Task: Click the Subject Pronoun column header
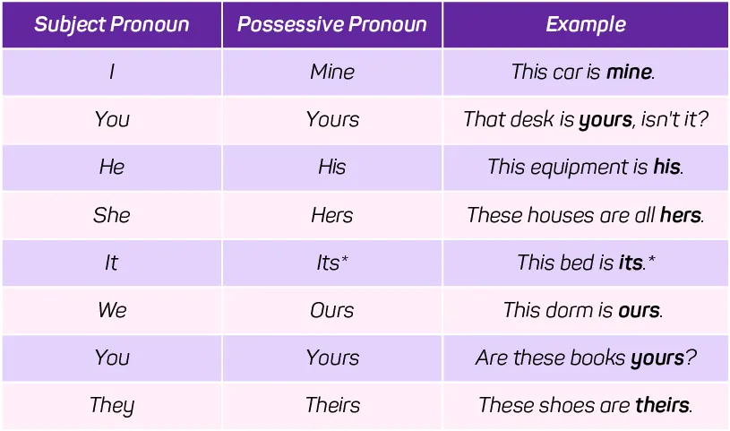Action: point(112,25)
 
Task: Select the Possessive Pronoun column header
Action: point(332,25)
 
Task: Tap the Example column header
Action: point(586,25)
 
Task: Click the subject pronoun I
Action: point(112,72)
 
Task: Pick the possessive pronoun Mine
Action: point(332,72)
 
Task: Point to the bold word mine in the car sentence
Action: point(629,72)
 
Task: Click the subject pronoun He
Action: point(112,167)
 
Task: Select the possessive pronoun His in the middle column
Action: point(332,167)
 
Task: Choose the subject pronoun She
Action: point(112,215)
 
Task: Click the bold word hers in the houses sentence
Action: point(681,215)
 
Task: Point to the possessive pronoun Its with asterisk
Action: point(332,263)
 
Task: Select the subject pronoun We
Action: point(112,310)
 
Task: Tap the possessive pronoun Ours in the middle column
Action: point(332,310)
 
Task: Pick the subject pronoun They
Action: point(112,405)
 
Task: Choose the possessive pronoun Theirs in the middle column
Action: point(333,405)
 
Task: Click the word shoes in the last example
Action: point(567,405)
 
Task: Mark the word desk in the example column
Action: point(532,119)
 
